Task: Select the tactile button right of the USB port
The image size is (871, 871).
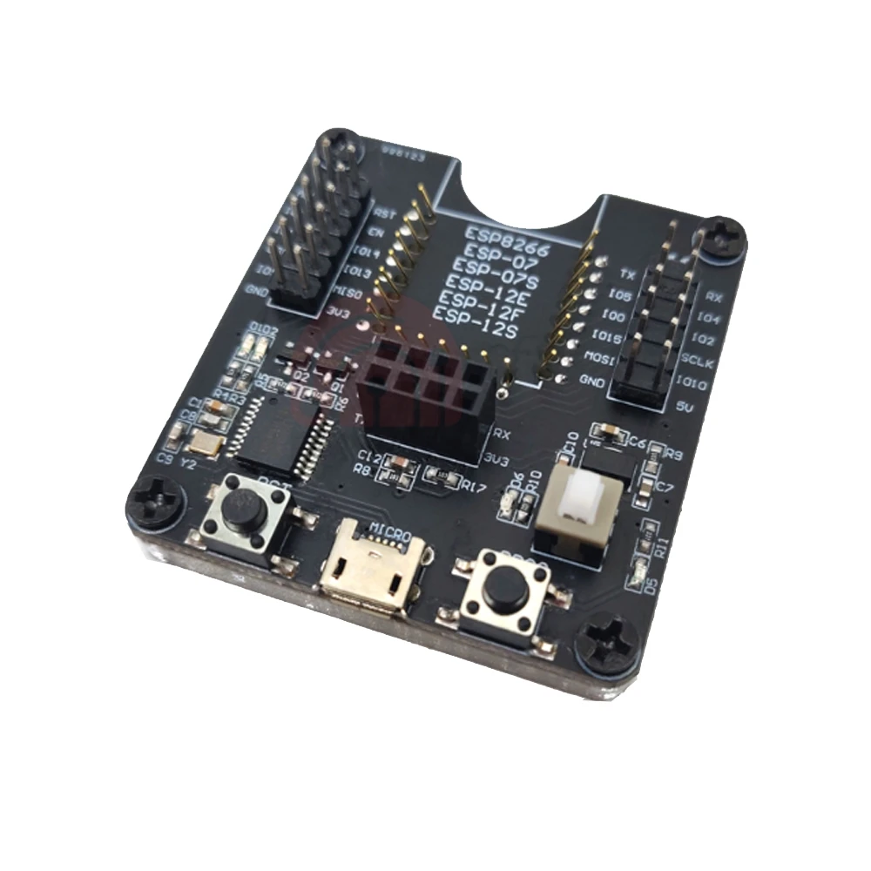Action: [x=498, y=592]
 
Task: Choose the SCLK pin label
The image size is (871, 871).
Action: [x=699, y=359]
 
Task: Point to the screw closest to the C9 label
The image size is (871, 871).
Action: [x=153, y=503]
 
